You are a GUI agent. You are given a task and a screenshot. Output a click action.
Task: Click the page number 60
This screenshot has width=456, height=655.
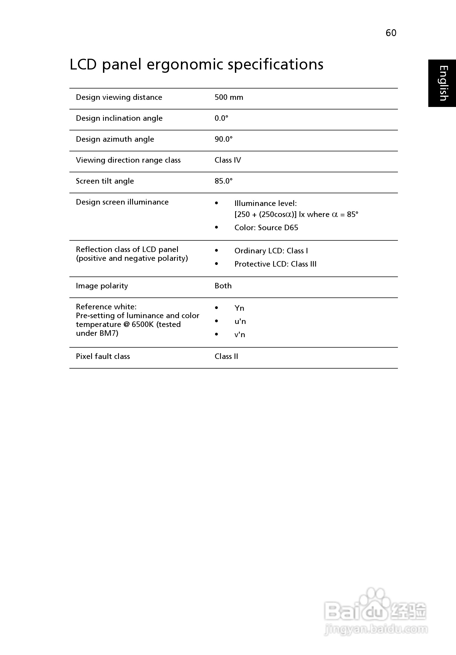click(x=391, y=33)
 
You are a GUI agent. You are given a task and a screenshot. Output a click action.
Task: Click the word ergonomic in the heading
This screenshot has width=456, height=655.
click(x=184, y=65)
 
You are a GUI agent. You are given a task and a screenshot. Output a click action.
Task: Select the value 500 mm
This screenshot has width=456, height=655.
click(x=229, y=97)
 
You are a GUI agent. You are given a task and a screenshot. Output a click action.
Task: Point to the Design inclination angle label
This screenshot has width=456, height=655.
click(x=119, y=118)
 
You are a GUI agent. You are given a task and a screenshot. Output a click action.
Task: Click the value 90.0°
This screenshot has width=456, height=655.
click(x=223, y=139)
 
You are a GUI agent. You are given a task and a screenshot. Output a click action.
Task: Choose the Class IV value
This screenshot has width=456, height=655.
click(x=228, y=160)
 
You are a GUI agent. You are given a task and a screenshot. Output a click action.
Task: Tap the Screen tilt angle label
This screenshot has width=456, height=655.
click(x=105, y=181)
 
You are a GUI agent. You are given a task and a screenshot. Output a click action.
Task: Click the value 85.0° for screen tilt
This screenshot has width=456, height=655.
click(x=223, y=181)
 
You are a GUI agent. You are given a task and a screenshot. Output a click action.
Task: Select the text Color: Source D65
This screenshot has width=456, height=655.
click(x=266, y=228)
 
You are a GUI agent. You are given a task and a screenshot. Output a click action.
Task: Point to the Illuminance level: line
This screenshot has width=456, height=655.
click(x=265, y=203)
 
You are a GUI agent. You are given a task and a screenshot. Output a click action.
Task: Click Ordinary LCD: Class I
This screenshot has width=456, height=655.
click(x=271, y=251)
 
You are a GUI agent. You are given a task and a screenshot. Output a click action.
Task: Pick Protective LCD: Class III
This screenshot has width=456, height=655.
click(x=275, y=264)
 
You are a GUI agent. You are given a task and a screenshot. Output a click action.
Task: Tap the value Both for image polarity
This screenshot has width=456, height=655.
click(x=223, y=286)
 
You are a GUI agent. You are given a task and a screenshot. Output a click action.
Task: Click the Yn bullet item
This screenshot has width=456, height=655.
click(x=239, y=308)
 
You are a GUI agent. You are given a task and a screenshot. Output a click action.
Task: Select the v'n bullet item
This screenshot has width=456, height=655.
click(x=240, y=335)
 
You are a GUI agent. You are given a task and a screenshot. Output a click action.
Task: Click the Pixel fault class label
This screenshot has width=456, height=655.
click(x=103, y=356)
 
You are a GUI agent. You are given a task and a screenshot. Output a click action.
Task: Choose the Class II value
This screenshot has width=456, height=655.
click(x=226, y=356)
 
